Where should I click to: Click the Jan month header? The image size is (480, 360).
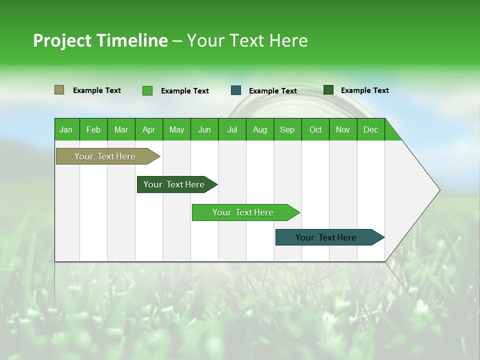pos(66,129)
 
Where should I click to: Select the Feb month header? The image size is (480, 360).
pos(93,129)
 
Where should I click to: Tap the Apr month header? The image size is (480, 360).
pos(148,129)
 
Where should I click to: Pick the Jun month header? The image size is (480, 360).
pos(204,129)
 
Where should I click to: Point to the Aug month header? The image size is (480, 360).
pos(259,129)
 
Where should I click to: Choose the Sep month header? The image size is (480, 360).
pos(287,129)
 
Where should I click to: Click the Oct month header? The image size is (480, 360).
pos(315,129)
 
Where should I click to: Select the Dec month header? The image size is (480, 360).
pos(370,129)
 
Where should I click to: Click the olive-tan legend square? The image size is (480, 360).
pos(59,90)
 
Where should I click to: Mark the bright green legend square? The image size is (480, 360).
pos(147,90)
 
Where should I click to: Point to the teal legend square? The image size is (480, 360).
pos(236,90)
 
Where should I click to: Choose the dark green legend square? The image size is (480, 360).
pos(328,90)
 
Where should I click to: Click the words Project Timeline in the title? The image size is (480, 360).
pos(100,40)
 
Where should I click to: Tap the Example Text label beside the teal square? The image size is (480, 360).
pos(272,91)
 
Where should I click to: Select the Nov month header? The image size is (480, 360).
pos(342,129)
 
